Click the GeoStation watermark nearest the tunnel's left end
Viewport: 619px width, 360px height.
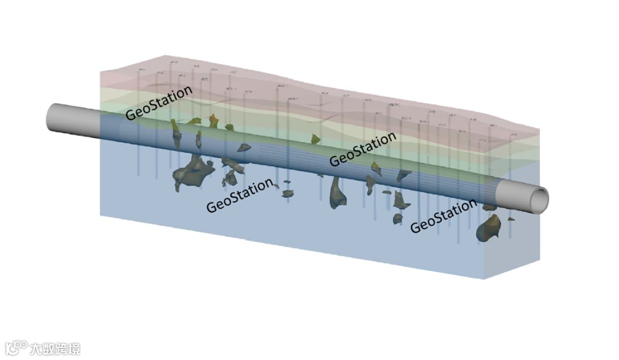pyautogui.click(x=159, y=103)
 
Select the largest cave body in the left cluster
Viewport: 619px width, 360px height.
pyautogui.click(x=191, y=172)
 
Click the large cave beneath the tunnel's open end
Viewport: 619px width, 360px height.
pyautogui.click(x=488, y=228)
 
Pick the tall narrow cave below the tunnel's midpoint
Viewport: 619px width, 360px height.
pyautogui.click(x=336, y=192)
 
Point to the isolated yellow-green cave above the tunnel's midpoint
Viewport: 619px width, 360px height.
pyautogui.click(x=315, y=139)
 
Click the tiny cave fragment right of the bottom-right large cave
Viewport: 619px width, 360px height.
pyautogui.click(x=510, y=218)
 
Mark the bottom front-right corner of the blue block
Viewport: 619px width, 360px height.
pyautogui.click(x=485, y=279)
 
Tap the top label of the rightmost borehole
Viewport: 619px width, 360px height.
pyautogui.click(x=513, y=135)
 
